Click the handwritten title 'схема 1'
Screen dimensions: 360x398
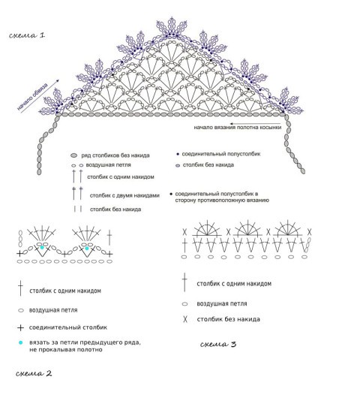point(27,35)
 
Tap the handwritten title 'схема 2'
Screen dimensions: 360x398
point(34,373)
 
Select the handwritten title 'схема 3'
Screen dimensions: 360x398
point(218,344)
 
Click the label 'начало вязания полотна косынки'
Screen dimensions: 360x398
point(238,128)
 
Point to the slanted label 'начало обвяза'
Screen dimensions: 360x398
point(32,97)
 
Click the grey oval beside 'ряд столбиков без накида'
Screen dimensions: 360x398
point(73,155)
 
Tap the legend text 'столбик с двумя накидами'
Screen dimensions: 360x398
point(124,196)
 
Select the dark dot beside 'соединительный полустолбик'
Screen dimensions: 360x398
point(178,154)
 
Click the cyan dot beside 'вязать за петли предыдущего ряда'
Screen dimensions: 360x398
point(20,342)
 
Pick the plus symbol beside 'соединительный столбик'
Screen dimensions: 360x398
point(20,327)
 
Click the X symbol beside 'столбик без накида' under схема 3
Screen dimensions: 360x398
point(185,319)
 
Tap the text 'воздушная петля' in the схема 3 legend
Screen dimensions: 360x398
point(222,303)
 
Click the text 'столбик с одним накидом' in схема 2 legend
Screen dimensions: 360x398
point(65,291)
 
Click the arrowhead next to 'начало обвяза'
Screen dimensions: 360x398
point(58,81)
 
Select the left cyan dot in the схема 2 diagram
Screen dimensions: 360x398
point(42,247)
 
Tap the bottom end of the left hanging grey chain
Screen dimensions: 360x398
point(39,172)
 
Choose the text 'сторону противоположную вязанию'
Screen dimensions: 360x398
point(222,201)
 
